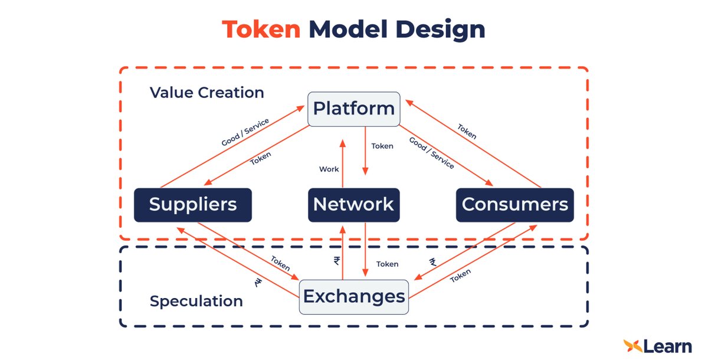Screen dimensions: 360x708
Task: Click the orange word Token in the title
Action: point(261,29)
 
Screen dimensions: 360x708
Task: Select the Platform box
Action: point(353,109)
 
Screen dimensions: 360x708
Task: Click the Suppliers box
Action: point(193,205)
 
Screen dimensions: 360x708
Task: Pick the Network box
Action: point(353,205)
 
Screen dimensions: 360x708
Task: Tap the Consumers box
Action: point(514,205)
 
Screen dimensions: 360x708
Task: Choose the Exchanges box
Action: point(353,296)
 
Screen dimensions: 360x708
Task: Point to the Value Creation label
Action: point(206,93)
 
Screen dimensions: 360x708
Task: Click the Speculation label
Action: point(196,301)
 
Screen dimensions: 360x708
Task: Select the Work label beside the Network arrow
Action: point(329,169)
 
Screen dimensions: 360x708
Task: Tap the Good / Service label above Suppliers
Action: point(245,132)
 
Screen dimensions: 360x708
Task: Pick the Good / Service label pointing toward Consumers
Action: point(431,153)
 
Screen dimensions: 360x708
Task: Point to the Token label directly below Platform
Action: point(382,146)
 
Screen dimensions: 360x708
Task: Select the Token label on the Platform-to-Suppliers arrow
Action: point(261,159)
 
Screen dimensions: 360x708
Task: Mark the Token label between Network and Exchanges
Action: point(387,264)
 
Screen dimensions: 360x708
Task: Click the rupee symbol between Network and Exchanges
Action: point(337,261)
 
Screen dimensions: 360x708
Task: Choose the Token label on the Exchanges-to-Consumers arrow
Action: point(461,275)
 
